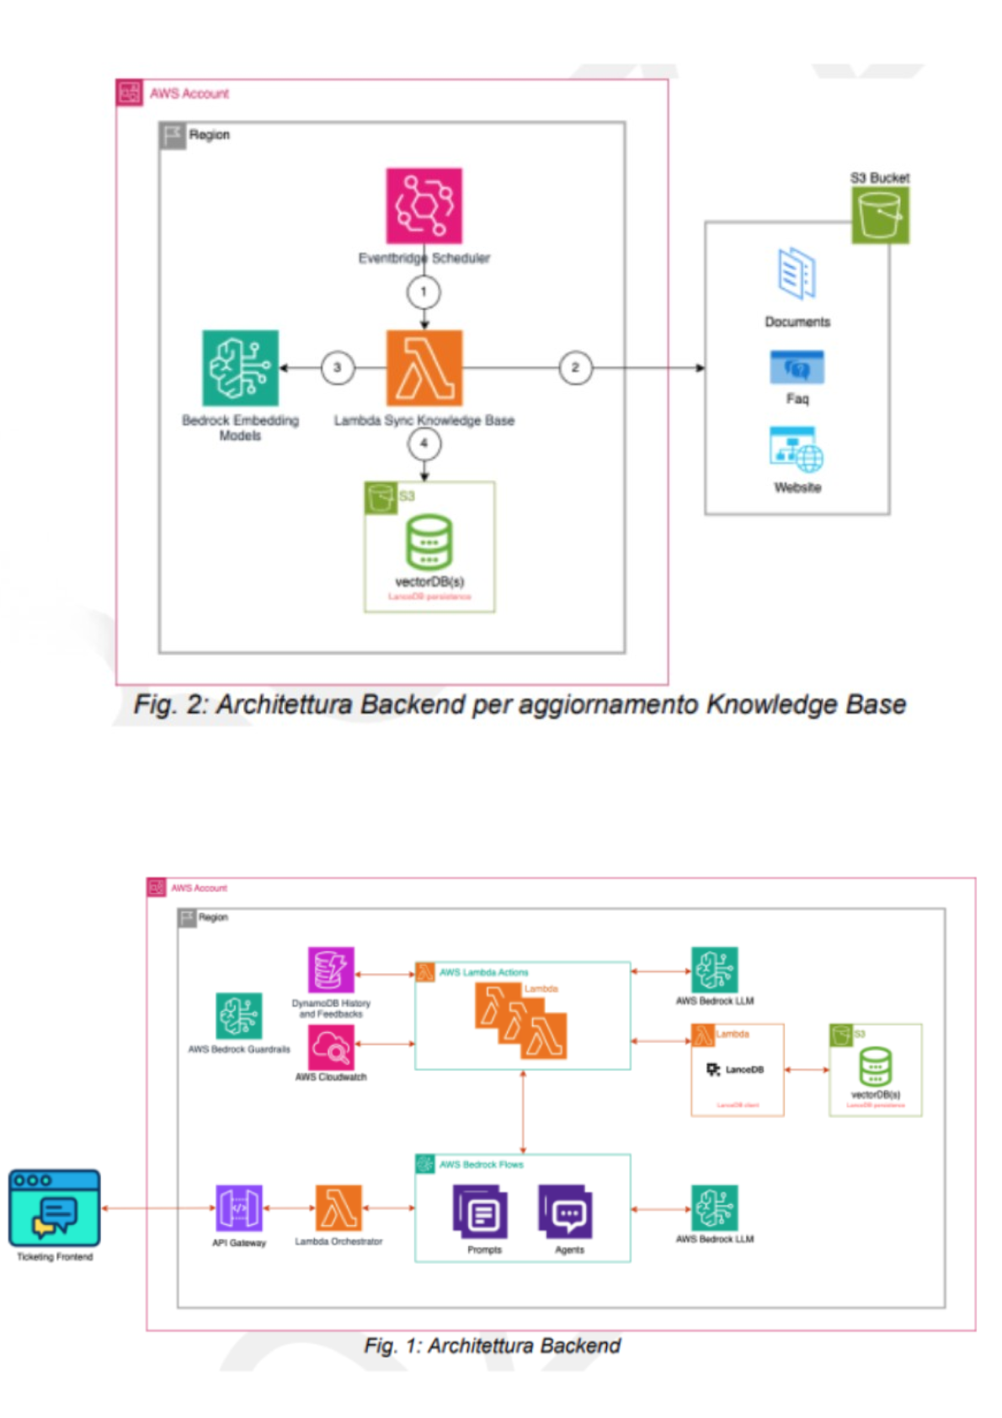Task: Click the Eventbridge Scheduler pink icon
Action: tap(424, 206)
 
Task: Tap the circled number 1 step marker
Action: tap(424, 292)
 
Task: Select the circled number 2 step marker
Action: tap(575, 367)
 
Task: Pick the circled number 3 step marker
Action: tap(337, 367)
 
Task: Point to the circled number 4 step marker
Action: tap(424, 443)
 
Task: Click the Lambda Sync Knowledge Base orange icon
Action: tap(424, 367)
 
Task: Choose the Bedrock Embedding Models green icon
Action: tap(240, 367)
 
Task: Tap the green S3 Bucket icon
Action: tap(880, 215)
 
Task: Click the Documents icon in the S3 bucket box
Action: tap(797, 274)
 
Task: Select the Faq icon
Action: tap(797, 367)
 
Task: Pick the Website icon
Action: tap(796, 449)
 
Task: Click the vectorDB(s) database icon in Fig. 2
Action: tap(429, 543)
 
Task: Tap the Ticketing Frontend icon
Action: tap(55, 1207)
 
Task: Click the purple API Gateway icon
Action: tap(239, 1208)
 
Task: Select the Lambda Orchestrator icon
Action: tap(338, 1208)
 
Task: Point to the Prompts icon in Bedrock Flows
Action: tap(482, 1212)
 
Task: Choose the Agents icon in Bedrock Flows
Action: tap(567, 1212)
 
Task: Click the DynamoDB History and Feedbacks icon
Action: tap(331, 970)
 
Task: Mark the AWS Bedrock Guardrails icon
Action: tap(239, 1016)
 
